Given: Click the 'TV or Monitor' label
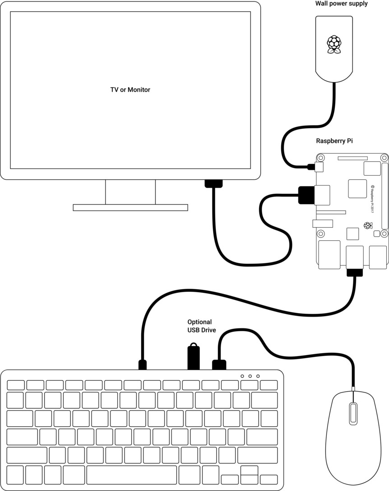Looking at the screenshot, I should (x=130, y=90).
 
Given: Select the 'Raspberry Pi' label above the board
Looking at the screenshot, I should (x=334, y=141).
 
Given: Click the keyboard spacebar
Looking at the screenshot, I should (x=131, y=475).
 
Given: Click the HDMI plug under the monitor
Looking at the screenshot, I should (x=213, y=183).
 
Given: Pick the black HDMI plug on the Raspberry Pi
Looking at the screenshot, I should (x=306, y=195).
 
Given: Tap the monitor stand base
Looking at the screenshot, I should (x=130, y=207).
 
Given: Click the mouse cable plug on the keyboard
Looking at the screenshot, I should (x=219, y=364).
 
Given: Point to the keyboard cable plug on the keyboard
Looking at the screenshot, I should (x=142, y=364).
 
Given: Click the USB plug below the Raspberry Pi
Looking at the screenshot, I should (x=354, y=272).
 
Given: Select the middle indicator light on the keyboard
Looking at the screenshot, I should (x=250, y=376).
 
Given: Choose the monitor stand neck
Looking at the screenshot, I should (x=130, y=192).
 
